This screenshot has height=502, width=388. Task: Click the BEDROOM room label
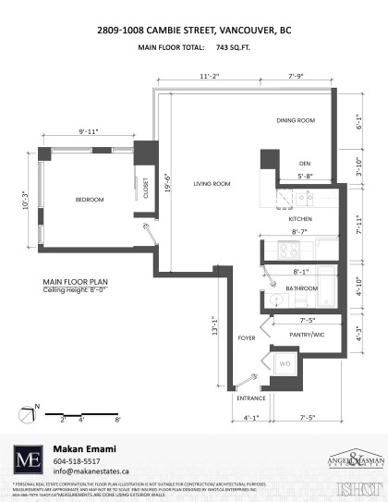(x=90, y=201)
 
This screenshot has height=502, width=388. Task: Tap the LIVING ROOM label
(x=211, y=185)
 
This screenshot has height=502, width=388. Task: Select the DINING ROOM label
(x=297, y=120)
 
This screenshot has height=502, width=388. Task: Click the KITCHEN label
(x=301, y=218)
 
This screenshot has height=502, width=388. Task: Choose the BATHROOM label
(x=301, y=288)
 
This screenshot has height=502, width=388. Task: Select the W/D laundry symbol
(x=285, y=364)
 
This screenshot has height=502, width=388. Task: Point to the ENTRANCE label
(x=251, y=398)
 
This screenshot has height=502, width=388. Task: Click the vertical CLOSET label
(x=147, y=188)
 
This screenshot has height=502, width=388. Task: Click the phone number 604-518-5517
(x=78, y=460)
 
